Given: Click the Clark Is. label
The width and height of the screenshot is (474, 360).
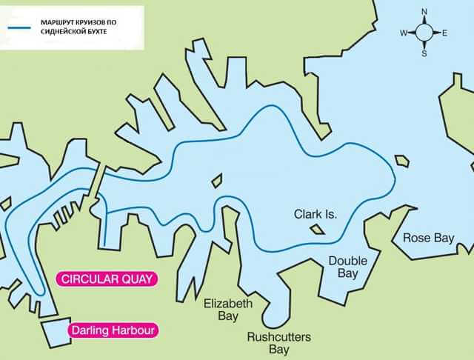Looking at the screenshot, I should click(x=315, y=214).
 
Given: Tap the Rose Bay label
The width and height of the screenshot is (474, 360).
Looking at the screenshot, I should click(x=427, y=238).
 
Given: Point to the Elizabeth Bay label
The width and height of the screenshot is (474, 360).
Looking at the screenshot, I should click(x=228, y=310).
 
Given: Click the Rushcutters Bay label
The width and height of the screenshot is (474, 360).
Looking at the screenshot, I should click(x=278, y=343).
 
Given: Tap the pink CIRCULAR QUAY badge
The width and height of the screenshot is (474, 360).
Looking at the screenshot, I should click(x=107, y=279).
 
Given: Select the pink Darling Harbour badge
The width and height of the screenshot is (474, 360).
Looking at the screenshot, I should click(x=113, y=330).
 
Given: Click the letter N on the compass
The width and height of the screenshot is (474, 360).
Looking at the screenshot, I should click(x=424, y=12).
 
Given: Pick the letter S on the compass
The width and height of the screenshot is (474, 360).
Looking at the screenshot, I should click(x=424, y=53).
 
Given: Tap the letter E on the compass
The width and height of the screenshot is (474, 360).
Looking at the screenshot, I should click(x=444, y=33).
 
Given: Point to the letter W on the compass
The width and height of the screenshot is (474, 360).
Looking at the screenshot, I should click(x=404, y=33).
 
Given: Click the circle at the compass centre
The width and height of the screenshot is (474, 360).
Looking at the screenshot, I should click(x=424, y=33).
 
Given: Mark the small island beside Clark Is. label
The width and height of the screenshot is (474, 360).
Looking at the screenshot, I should click(x=318, y=229).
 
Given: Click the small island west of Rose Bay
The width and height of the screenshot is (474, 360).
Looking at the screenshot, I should click(x=402, y=160).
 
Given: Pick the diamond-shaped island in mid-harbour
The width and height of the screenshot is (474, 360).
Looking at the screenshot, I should click(x=217, y=180).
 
